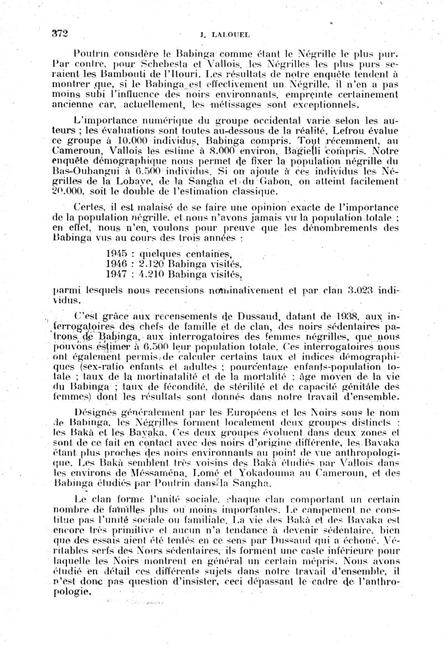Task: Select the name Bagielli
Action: click(297, 150)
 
